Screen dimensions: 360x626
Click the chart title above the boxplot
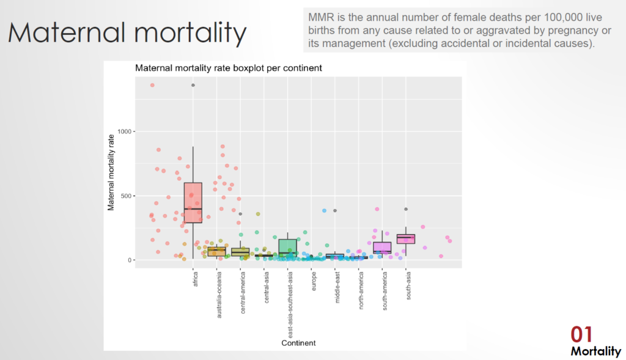pos(228,68)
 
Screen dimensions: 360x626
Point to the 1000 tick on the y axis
pos(125,131)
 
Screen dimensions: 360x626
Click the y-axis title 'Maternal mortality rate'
pos(111,175)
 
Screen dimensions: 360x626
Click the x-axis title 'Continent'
pos(298,343)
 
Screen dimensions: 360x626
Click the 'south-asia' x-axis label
pos(407,285)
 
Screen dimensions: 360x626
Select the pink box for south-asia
pos(405,239)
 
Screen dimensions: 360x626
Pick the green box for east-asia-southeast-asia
pos(287,247)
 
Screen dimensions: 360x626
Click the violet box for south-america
pos(382,248)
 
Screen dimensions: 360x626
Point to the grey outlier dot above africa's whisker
pos(193,85)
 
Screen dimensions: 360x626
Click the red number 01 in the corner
pos(582,334)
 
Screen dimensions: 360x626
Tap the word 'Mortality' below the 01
pos(595,351)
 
